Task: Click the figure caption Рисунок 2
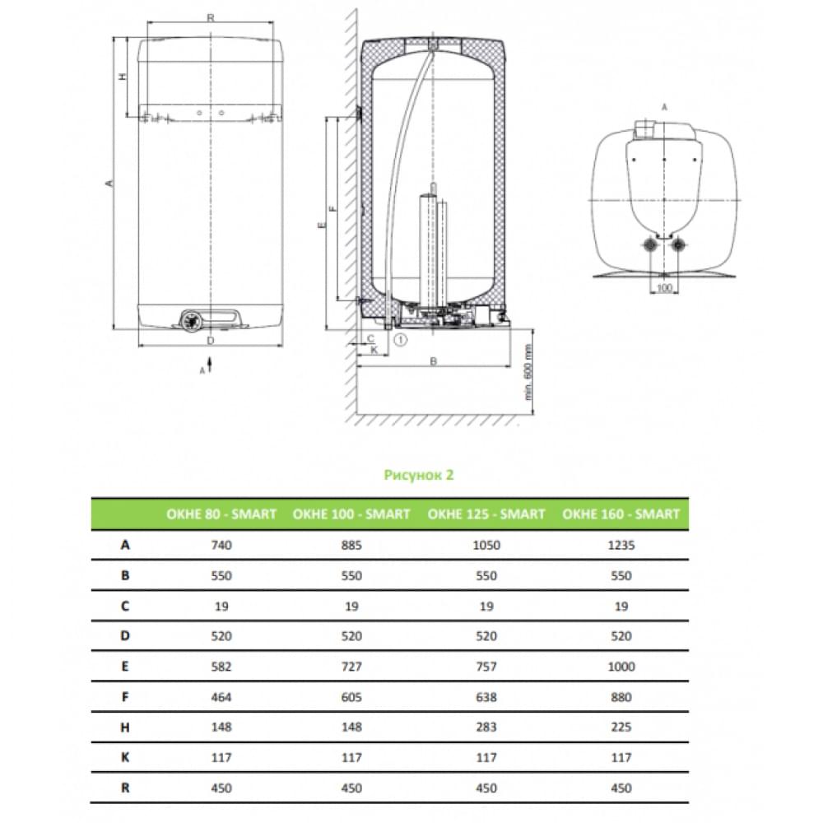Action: click(x=418, y=475)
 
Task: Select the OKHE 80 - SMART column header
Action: click(x=221, y=514)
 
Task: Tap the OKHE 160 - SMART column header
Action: click(x=621, y=514)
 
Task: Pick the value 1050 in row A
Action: click(x=486, y=546)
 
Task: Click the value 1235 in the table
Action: click(x=621, y=546)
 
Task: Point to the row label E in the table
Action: click(x=125, y=667)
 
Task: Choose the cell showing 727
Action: click(x=351, y=667)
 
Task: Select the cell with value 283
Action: click(x=486, y=727)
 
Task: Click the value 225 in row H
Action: click(x=621, y=727)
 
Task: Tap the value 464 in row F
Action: click(x=221, y=697)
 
